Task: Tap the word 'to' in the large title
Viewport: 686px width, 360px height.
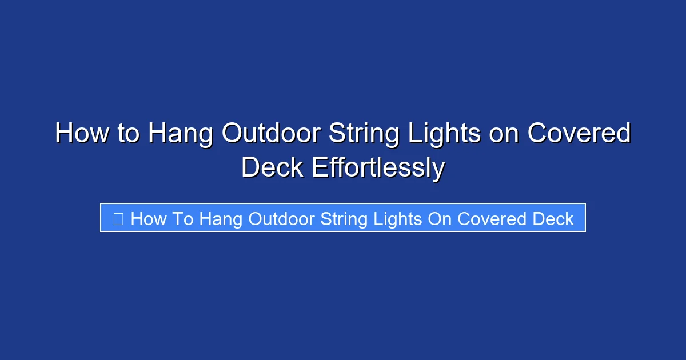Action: [x=127, y=134]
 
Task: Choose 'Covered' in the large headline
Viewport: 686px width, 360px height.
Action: [x=579, y=134]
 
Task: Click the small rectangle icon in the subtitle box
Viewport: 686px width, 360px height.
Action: [x=118, y=218]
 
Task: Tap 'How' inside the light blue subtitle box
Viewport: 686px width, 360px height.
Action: [x=148, y=219]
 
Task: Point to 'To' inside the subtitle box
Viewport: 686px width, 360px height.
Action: [x=183, y=219]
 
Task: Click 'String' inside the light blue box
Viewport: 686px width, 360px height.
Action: [x=345, y=219]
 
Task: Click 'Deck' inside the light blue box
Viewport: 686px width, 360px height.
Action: [x=552, y=219]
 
